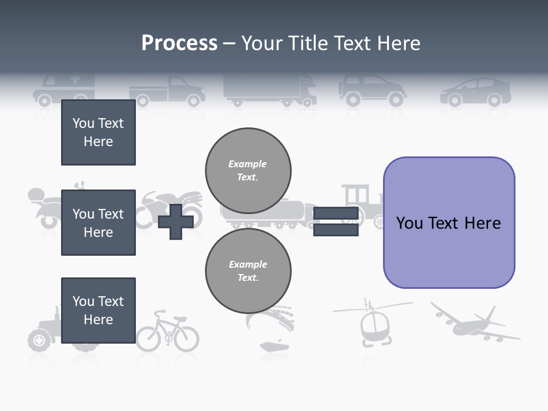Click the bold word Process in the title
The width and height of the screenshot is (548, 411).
pos(179,43)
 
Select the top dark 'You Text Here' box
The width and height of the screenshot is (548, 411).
pos(98,132)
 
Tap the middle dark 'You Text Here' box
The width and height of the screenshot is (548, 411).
pos(98,223)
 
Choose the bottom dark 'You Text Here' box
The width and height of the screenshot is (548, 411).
pos(98,311)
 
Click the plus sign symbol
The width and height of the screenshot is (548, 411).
pos(175,221)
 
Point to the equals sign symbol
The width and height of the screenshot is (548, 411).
pos(336,221)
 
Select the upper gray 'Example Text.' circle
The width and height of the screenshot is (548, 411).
pos(248,171)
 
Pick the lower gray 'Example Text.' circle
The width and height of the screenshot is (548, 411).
pos(248,271)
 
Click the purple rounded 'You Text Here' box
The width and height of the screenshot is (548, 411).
pos(449,223)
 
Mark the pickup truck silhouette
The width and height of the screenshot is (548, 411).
pos(167,91)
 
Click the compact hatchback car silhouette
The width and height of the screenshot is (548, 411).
pos(475,92)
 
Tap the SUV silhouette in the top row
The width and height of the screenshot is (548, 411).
pos(372,90)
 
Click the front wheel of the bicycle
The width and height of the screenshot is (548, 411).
pos(186,339)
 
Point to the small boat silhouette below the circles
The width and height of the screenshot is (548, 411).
pos(275,345)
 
